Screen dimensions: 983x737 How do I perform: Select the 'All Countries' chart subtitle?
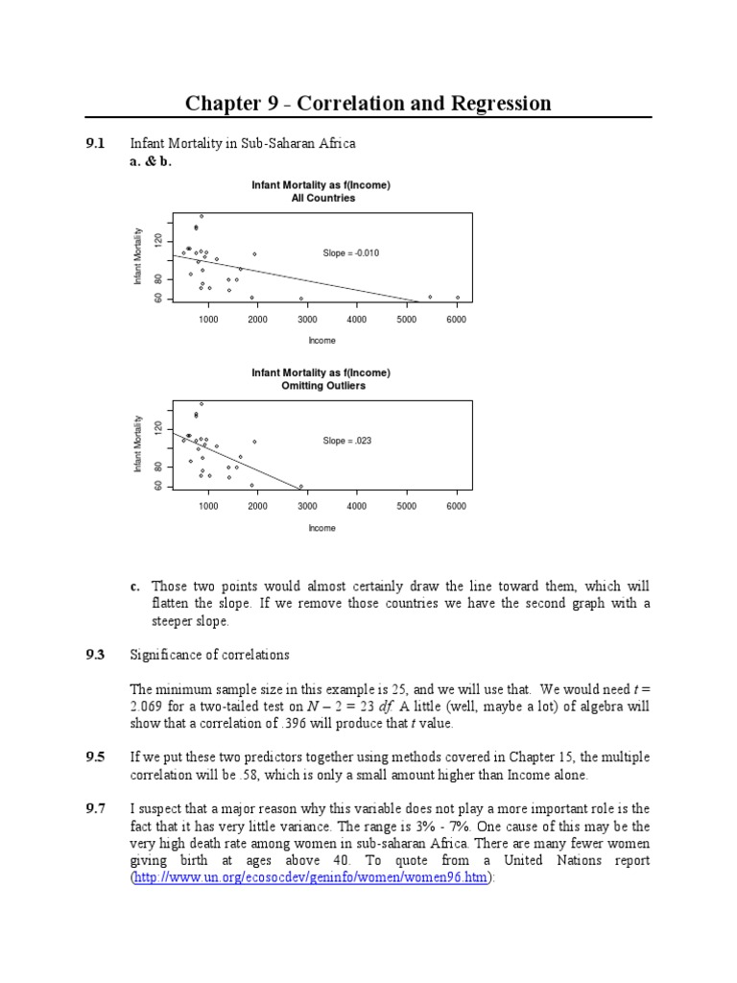[322, 199]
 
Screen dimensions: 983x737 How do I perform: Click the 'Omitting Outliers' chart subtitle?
[322, 386]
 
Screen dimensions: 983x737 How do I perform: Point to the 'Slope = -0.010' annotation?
[351, 253]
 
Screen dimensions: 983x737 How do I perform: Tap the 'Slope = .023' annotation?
[347, 442]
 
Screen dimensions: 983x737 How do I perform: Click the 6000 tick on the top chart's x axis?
[456, 319]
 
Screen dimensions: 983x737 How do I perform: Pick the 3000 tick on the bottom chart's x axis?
[307, 506]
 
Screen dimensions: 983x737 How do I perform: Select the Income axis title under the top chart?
[322, 340]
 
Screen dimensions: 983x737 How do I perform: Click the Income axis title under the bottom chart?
[322, 527]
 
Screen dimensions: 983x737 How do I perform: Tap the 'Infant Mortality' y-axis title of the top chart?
[138, 257]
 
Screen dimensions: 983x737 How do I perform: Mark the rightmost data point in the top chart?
[458, 298]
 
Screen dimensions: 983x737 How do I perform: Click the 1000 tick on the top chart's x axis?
[208, 319]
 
